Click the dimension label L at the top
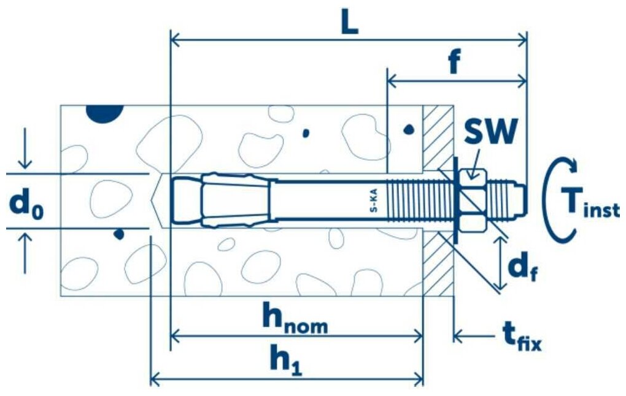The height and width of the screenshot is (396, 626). (x=349, y=23)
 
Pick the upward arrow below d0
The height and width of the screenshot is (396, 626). (x=25, y=254)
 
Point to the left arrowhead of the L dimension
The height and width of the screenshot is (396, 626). (x=174, y=40)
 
